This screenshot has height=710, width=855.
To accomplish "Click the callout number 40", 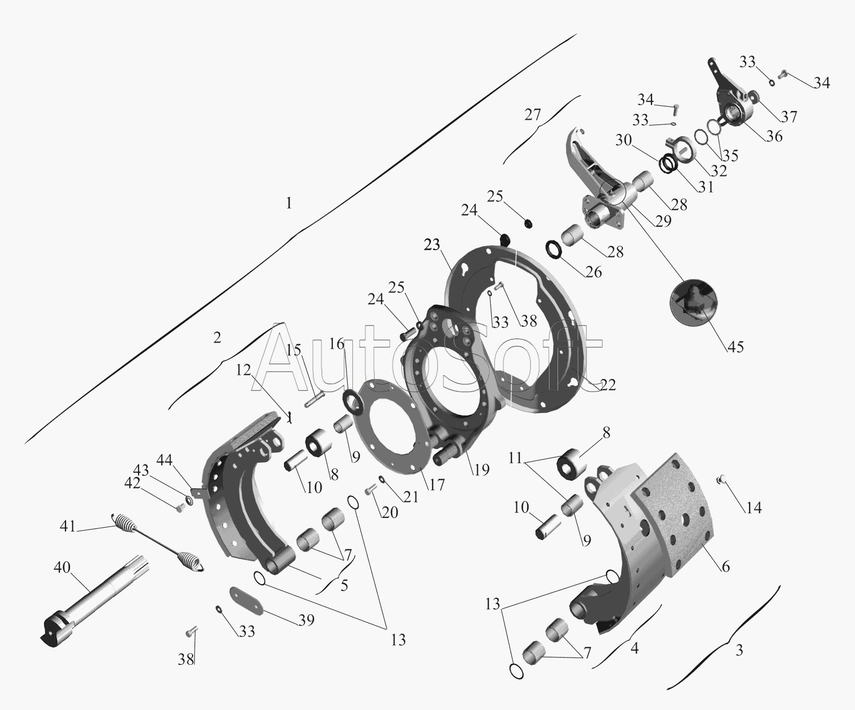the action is (62, 568).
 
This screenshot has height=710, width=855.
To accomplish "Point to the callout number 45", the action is (735, 347).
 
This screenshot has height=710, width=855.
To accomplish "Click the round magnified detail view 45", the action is (694, 303).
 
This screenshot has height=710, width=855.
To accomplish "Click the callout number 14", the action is (754, 508).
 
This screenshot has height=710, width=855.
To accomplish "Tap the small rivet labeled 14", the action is (722, 479).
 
